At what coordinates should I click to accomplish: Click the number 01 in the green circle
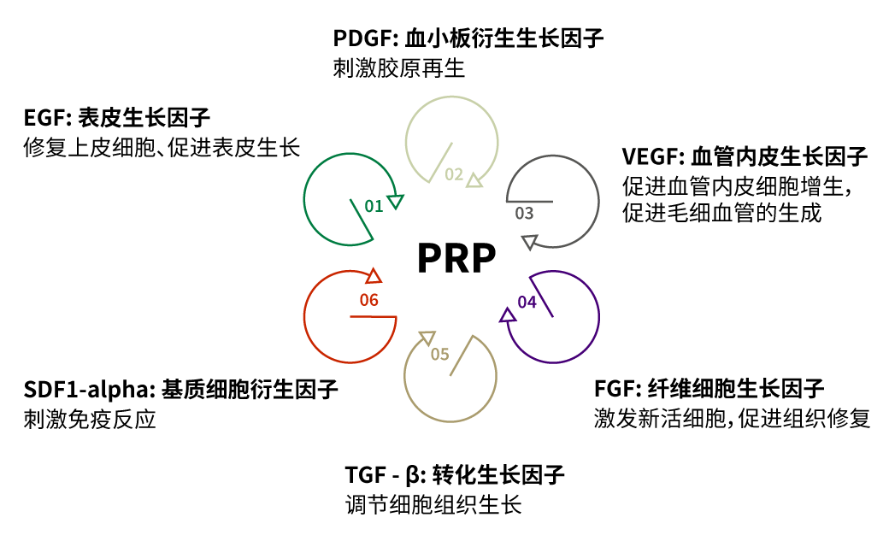coord(374,206)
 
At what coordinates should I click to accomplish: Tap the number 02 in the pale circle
coord(454,175)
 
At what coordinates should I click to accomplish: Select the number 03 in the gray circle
coord(524,213)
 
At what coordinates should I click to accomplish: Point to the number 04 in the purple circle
coord(527,302)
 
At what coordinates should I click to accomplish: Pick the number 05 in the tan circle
coord(439,353)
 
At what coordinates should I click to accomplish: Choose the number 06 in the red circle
coord(368,300)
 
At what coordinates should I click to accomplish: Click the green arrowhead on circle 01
coord(395,201)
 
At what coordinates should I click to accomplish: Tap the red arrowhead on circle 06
coord(373,276)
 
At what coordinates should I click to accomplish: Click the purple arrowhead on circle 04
coord(507,316)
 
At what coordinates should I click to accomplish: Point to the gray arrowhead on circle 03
coord(528,242)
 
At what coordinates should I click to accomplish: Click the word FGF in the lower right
coord(612,390)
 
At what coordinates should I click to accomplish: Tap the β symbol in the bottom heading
coord(413,475)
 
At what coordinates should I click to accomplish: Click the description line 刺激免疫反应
coord(91,420)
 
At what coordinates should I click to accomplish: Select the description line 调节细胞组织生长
coord(427,504)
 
